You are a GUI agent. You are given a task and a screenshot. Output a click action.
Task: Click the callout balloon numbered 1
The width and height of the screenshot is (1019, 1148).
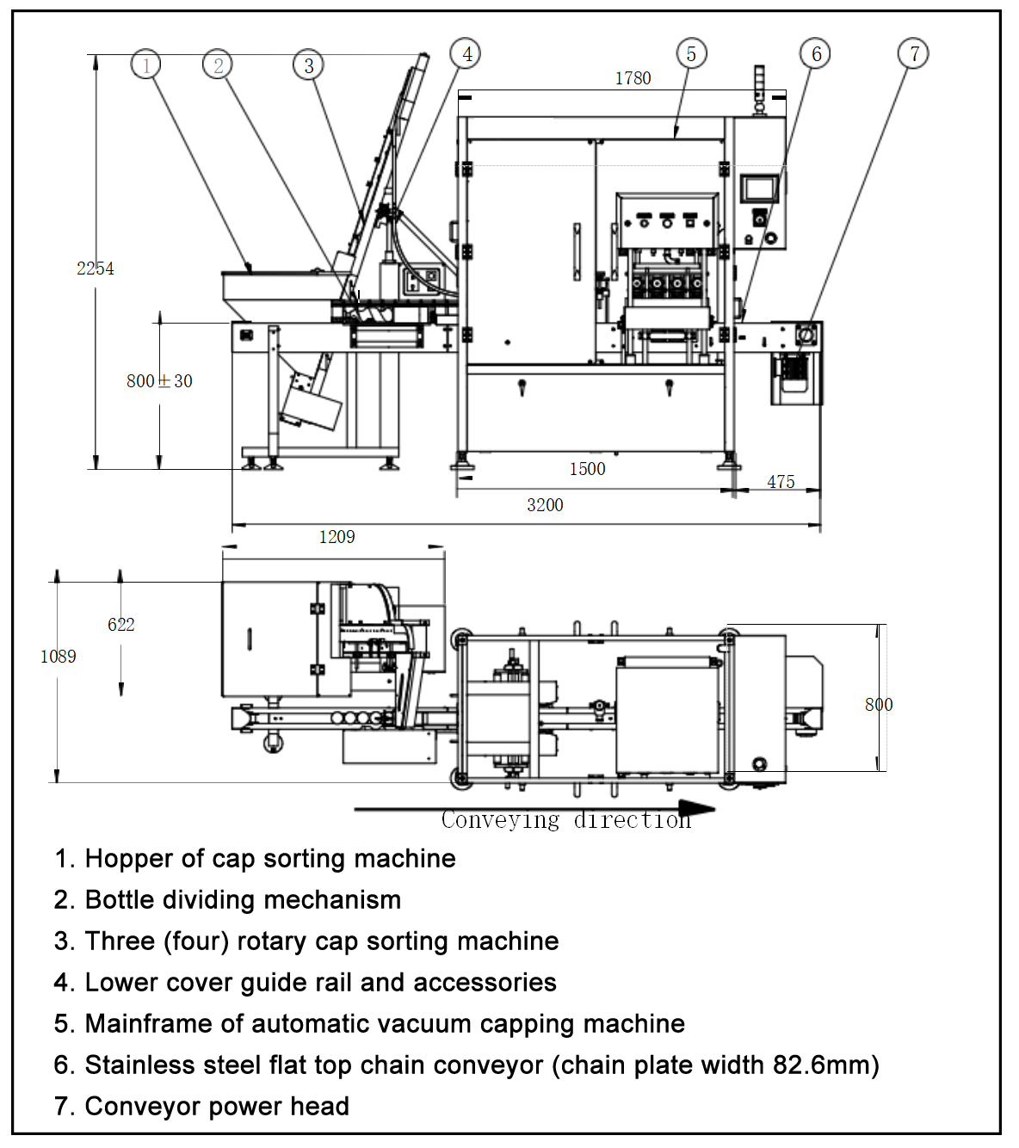coord(146,65)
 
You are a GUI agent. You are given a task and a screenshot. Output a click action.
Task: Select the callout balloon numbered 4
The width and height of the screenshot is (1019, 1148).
coord(466,54)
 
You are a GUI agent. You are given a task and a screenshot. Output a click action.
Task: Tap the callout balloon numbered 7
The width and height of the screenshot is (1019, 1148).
coord(913,54)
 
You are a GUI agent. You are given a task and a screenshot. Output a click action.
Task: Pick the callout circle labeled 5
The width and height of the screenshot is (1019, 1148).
coord(691,54)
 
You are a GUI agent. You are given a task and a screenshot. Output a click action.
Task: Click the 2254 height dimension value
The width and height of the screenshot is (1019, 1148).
coord(95,268)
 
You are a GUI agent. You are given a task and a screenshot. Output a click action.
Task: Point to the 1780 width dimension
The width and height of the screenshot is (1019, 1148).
coord(633,78)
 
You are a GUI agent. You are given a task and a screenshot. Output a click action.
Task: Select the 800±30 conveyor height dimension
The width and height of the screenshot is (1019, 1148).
coord(159,381)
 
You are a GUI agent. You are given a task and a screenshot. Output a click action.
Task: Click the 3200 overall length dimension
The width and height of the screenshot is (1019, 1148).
coord(545,505)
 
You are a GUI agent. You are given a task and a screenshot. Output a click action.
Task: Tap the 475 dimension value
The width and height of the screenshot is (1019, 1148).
coord(781,482)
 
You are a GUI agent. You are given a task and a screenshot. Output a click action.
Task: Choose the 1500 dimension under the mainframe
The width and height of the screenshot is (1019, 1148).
coord(587,469)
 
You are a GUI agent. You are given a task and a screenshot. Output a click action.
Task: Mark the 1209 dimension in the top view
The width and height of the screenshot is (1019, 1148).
coord(337,537)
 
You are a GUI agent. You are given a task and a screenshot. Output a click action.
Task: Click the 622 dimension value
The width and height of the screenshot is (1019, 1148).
coord(120,625)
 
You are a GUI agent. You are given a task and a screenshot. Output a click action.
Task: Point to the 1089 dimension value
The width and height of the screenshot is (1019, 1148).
coord(58,657)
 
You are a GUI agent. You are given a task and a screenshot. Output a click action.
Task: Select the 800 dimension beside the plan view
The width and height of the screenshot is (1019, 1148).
coord(879,705)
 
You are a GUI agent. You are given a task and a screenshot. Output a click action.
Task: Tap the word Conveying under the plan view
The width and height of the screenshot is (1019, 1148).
coord(500,821)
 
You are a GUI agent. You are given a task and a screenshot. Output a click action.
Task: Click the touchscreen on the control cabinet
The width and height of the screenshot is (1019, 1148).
coord(760,188)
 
